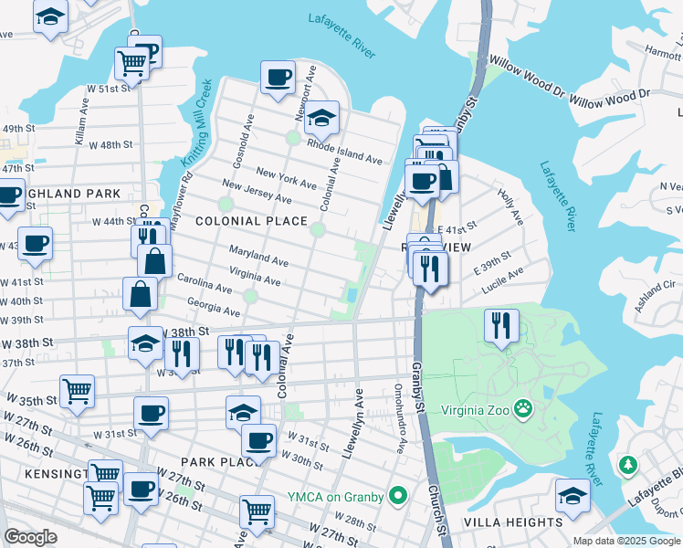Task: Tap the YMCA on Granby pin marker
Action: point(397,497)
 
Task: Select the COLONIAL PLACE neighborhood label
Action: point(250,221)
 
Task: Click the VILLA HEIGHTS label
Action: point(513,522)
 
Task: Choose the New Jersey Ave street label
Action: point(257,193)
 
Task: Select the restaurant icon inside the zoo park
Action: point(500,325)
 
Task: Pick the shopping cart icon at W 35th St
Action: point(78,390)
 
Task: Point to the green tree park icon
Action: point(627,466)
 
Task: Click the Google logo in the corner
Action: point(31,537)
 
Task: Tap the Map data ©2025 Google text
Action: point(627,541)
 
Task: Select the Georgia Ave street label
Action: point(213,307)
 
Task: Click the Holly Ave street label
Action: point(510,207)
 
